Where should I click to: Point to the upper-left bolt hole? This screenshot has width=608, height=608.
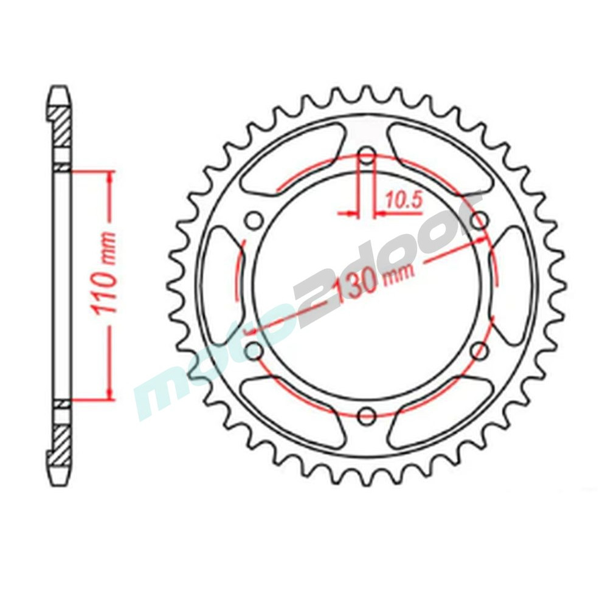click(x=254, y=222)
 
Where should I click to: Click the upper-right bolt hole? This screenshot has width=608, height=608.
click(x=479, y=221)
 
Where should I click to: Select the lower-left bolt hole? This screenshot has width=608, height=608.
click(x=254, y=351)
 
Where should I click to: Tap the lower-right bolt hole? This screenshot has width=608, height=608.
click(x=479, y=351)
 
